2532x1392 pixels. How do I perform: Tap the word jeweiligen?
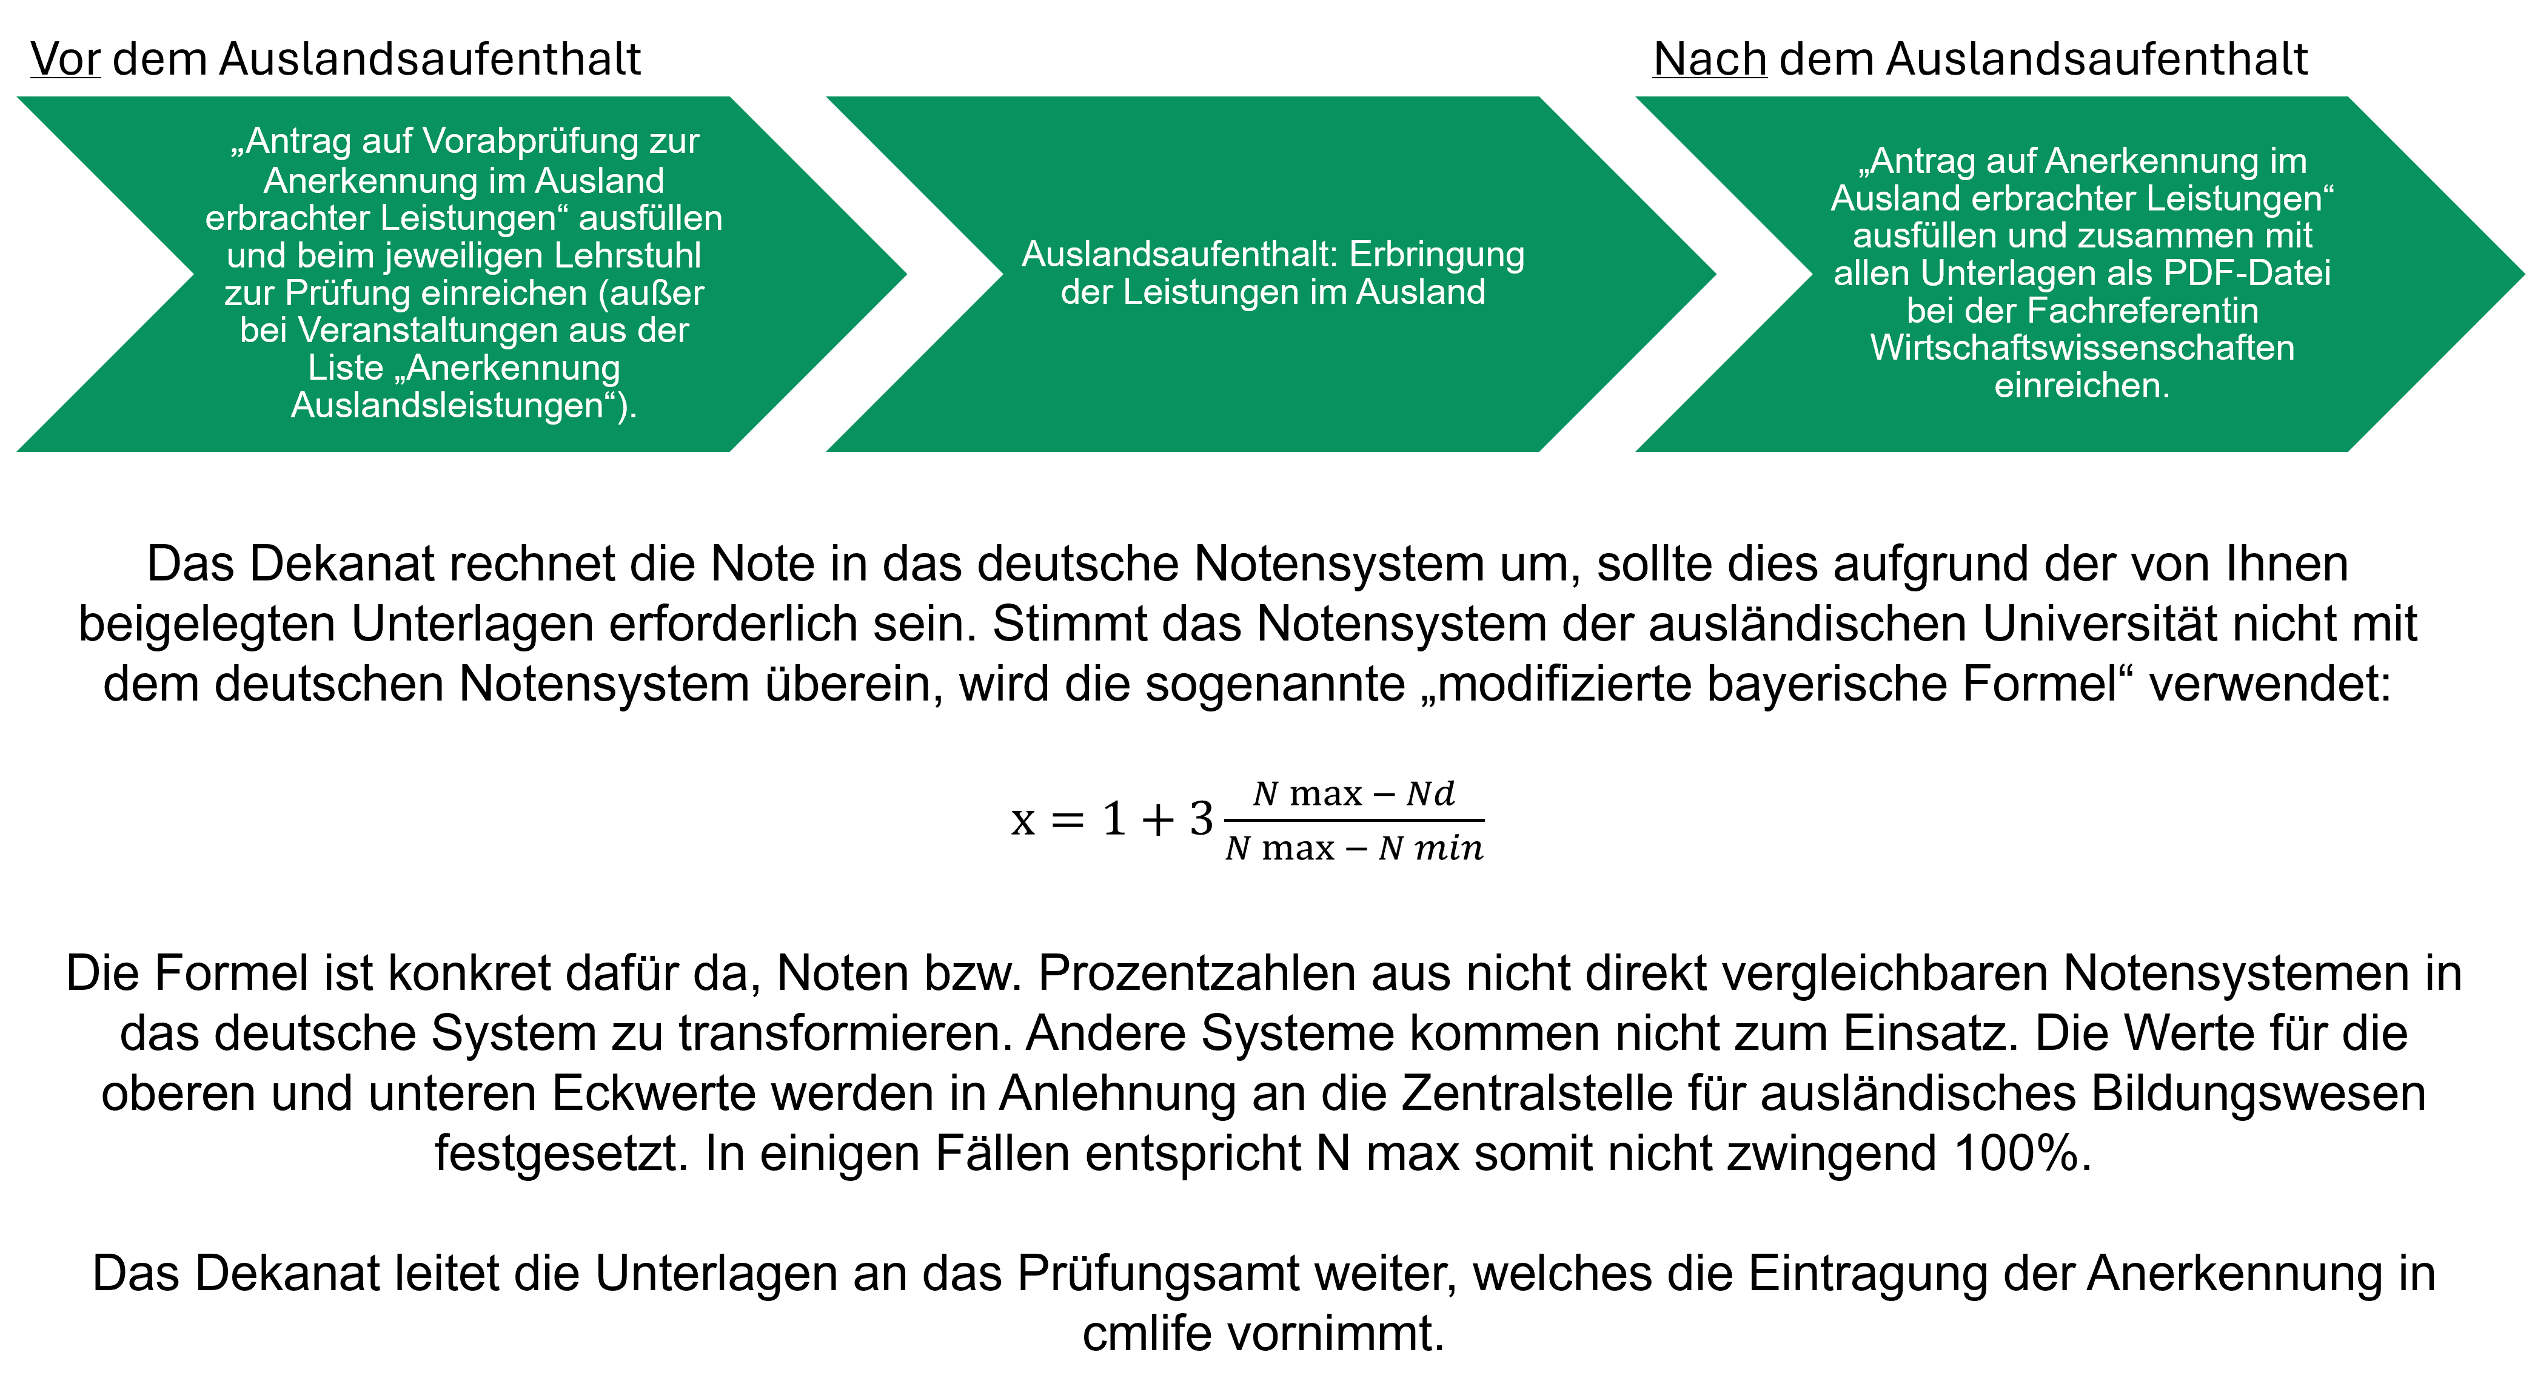tap(463, 255)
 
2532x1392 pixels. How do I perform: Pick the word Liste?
tap(345, 368)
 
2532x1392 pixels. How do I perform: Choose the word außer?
tap(658, 293)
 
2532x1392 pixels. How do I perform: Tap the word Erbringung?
tap(1437, 255)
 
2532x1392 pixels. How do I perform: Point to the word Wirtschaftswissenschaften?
tap(2082, 348)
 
